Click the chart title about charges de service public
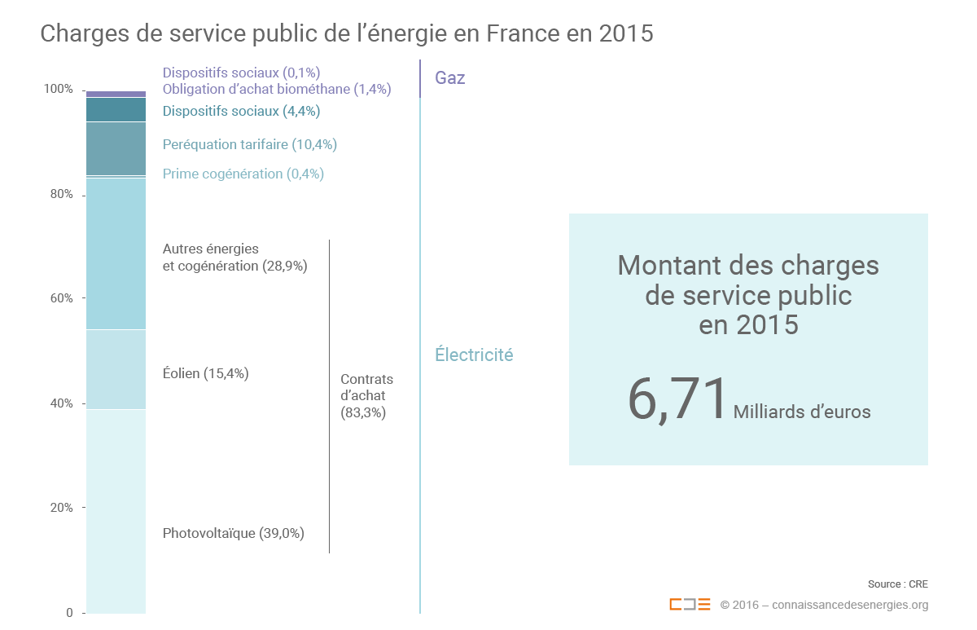pyautogui.click(x=346, y=33)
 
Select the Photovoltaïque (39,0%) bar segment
pyautogui.click(x=116, y=510)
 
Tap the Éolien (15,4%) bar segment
pyautogui.click(x=116, y=369)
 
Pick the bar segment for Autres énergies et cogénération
pyautogui.click(x=116, y=253)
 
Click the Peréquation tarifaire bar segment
pyautogui.click(x=116, y=148)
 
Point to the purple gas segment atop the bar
pyautogui.click(x=116, y=94)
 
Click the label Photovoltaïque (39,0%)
pyautogui.click(x=233, y=534)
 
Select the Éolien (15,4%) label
pyautogui.click(x=205, y=374)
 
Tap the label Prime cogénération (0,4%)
pyautogui.click(x=243, y=174)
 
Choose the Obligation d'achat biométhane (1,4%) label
pyautogui.click(x=277, y=89)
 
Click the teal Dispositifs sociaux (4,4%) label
pyautogui.click(x=241, y=111)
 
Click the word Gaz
pyautogui.click(x=450, y=79)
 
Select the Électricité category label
pyautogui.click(x=474, y=355)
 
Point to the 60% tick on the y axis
pyautogui.click(x=59, y=298)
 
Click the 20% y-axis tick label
pyautogui.click(x=59, y=508)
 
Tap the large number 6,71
pyautogui.click(x=677, y=399)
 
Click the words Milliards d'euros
pyautogui.click(x=802, y=412)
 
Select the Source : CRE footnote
pyautogui.click(x=897, y=584)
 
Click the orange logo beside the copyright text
pyautogui.click(x=690, y=605)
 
